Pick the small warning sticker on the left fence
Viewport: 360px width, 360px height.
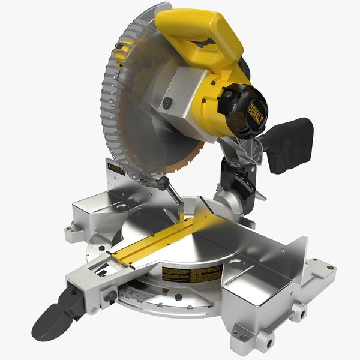click(x=115, y=170)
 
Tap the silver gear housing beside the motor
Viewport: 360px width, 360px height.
click(x=180, y=96)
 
